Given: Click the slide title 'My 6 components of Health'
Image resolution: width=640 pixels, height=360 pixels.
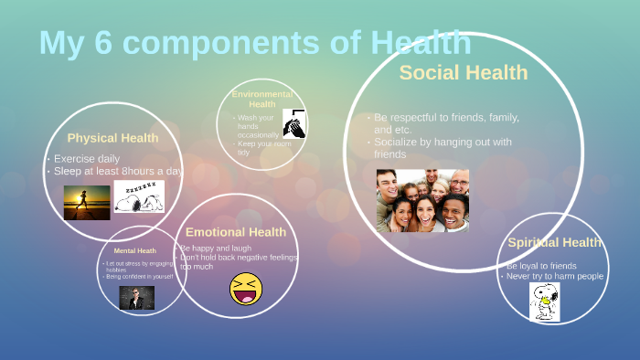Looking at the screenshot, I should pyautogui.click(x=255, y=43).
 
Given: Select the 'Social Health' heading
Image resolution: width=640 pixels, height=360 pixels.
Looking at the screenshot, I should pyautogui.click(x=464, y=72).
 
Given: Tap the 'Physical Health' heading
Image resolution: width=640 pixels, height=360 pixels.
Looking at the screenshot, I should pyautogui.click(x=112, y=138).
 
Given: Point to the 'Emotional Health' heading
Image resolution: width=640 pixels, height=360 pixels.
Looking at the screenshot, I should pyautogui.click(x=236, y=232).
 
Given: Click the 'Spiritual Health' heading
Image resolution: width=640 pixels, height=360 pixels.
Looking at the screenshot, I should pyautogui.click(x=555, y=242).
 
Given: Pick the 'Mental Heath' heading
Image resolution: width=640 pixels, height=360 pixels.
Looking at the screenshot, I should pyautogui.click(x=134, y=250).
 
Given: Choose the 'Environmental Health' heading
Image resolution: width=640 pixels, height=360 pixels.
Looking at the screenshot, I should pyautogui.click(x=262, y=99).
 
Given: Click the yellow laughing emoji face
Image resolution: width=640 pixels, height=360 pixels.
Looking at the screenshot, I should pyautogui.click(x=246, y=289).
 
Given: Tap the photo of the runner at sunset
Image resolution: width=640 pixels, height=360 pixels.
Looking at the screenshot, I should pyautogui.click(x=87, y=202).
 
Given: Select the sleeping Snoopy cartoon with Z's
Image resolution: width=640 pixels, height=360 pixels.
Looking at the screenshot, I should pyautogui.click(x=139, y=197).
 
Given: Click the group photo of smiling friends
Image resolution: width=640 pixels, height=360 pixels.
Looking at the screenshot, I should pyautogui.click(x=422, y=200).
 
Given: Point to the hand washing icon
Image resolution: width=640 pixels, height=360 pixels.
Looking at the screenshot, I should pyautogui.click(x=294, y=123).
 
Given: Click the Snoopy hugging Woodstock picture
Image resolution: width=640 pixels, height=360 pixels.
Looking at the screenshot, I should pyautogui.click(x=545, y=302).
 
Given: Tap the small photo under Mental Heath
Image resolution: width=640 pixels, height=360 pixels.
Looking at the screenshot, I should pyautogui.click(x=137, y=298).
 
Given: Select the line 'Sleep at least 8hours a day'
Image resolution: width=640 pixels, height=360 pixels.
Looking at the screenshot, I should pyautogui.click(x=118, y=170).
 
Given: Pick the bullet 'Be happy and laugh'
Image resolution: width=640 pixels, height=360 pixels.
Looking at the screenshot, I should pyautogui.click(x=216, y=248).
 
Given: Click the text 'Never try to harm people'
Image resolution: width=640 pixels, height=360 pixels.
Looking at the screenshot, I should pyautogui.click(x=555, y=276).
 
